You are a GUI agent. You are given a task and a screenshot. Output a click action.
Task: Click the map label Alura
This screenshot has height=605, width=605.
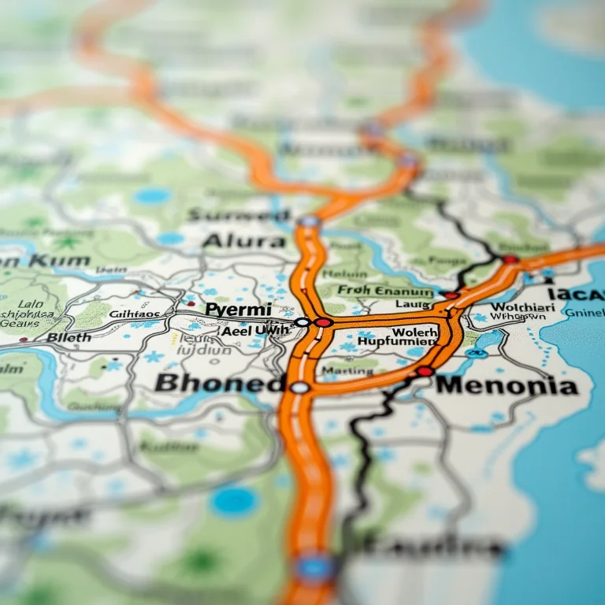point(244,240)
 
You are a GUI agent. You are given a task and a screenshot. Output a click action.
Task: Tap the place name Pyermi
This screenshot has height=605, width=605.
point(238,310)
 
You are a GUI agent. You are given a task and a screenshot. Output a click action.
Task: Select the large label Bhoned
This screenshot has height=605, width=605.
point(219,384)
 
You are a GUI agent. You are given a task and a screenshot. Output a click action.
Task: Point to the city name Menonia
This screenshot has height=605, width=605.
point(507,386)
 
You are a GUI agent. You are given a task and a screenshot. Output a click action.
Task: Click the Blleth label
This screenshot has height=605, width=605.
point(69,337)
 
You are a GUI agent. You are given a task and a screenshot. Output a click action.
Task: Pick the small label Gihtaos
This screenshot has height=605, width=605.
point(134,314)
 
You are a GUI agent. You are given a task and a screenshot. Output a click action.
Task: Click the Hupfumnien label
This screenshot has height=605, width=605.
point(395,342)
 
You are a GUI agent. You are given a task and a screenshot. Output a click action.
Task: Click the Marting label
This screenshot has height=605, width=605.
point(347,370)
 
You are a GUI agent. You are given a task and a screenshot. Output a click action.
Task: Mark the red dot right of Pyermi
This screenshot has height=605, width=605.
point(323,322)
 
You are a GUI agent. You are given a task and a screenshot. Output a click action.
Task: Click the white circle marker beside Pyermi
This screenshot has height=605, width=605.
point(302,322)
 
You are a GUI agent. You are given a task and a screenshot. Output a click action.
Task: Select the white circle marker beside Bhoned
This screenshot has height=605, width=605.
point(299,387)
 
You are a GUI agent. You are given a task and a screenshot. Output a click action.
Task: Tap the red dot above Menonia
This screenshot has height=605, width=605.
point(425,370)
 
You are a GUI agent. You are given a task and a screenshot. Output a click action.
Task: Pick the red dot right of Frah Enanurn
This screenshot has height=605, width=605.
point(450,295)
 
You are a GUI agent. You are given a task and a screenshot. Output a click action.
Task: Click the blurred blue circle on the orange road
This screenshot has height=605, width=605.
point(316,566)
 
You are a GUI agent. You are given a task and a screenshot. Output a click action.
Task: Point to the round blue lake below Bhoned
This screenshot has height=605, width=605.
point(235,502)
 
